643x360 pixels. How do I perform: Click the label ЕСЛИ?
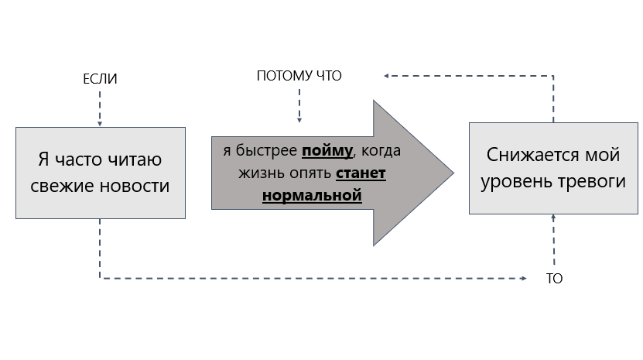pyautogui.click(x=100, y=80)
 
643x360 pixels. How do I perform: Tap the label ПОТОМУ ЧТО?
pyautogui.click(x=299, y=76)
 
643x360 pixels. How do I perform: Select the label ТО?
pyautogui.click(x=554, y=279)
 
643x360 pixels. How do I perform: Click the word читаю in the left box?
pyautogui.click(x=135, y=161)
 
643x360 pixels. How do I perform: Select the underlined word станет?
pyautogui.click(x=361, y=173)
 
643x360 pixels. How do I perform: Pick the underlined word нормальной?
pyautogui.click(x=312, y=194)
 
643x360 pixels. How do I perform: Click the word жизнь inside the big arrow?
pyautogui.click(x=241, y=173)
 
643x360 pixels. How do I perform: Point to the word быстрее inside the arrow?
pyautogui.click(x=265, y=151)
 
